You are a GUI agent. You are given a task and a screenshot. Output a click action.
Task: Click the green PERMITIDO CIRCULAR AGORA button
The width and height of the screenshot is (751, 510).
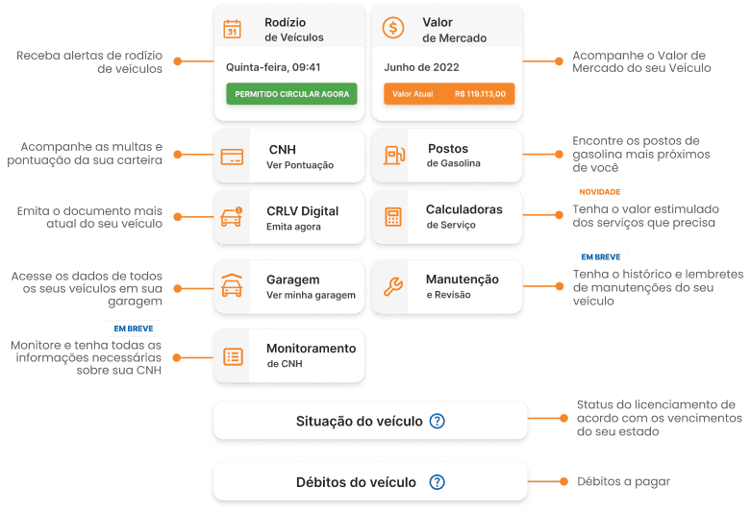pos(291,94)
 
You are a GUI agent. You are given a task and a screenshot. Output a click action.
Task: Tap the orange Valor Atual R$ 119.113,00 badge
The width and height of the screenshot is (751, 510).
pos(449,94)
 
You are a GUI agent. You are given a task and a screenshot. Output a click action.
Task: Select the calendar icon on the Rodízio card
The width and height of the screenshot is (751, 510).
pos(233,29)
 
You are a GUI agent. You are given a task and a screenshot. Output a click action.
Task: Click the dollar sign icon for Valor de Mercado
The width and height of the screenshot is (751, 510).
pos(393,28)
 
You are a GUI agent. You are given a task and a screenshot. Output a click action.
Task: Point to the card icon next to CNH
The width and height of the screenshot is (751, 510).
pos(232,157)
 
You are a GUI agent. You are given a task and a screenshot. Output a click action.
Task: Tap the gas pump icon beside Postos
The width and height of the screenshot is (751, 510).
pos(394,155)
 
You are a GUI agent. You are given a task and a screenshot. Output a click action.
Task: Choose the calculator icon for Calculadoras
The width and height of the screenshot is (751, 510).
pos(393,217)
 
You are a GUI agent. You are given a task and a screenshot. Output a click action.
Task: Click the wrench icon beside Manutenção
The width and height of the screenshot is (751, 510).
pos(393,286)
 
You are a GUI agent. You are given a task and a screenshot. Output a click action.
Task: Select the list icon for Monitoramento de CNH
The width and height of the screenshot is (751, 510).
pos(234,356)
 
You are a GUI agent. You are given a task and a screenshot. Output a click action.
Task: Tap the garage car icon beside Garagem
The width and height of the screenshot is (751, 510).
pos(232,285)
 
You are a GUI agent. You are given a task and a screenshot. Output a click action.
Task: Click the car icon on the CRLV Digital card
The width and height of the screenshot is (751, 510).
pos(232,217)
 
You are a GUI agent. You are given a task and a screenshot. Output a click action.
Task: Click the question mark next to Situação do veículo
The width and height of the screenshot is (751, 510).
pos(437,421)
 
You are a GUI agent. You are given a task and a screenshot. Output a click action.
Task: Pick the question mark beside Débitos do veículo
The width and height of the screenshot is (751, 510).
pos(437,482)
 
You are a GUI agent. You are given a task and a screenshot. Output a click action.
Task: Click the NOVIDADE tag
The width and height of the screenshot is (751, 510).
pos(600,192)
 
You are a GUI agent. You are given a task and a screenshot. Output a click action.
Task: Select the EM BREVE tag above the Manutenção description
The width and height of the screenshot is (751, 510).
pos(601,256)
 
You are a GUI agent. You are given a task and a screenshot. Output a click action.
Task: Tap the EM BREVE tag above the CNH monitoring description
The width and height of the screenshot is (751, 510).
pos(134,328)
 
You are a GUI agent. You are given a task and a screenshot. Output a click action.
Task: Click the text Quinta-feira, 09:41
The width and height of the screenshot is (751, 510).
pos(273,67)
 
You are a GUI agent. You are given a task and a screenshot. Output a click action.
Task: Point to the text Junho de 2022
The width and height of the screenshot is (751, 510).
pos(421,67)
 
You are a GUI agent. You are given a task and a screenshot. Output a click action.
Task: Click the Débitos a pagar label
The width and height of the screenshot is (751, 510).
pos(624,482)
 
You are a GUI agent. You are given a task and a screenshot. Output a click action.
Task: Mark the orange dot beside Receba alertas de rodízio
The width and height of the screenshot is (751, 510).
pos(178,61)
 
